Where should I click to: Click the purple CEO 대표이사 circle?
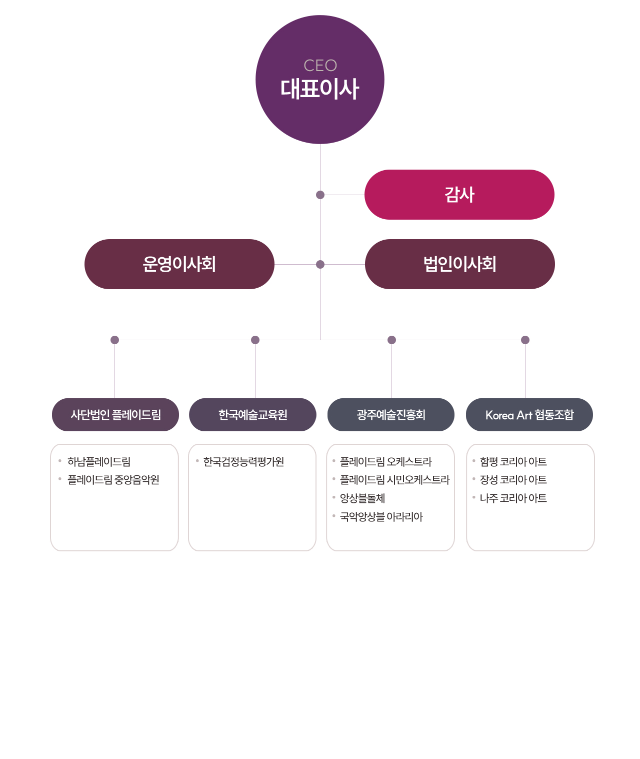click(x=319, y=80)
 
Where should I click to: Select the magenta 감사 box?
click(x=459, y=195)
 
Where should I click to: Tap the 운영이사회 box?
click(x=179, y=264)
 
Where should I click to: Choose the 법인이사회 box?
click(x=459, y=264)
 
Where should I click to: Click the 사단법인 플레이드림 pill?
click(x=115, y=415)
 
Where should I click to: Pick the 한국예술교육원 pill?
click(x=252, y=415)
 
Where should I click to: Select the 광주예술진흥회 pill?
click(x=390, y=415)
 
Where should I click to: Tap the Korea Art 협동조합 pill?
click(x=529, y=415)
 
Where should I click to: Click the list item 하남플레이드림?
click(x=99, y=462)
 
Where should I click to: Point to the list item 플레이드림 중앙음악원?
click(x=113, y=480)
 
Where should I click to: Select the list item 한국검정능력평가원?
click(x=243, y=462)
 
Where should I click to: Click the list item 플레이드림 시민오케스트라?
click(x=395, y=480)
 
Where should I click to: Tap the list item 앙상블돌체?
click(x=362, y=498)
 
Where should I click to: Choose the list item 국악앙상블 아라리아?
click(x=381, y=516)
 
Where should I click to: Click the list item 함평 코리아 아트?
click(x=513, y=462)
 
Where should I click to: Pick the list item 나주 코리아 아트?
click(x=513, y=498)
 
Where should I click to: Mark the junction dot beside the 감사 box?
click(x=320, y=195)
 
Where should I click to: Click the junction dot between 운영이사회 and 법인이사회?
click(x=320, y=264)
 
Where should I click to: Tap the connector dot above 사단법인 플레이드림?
click(x=114, y=340)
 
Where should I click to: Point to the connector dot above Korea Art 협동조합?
click(x=525, y=340)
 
